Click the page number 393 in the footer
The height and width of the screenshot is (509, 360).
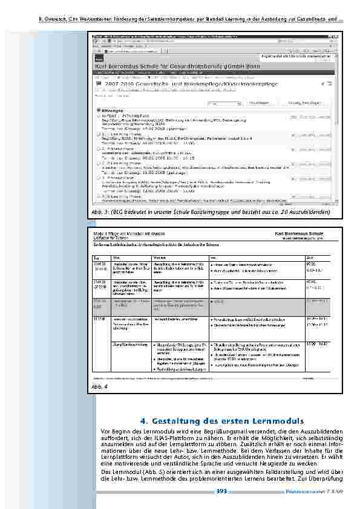[221, 491]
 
